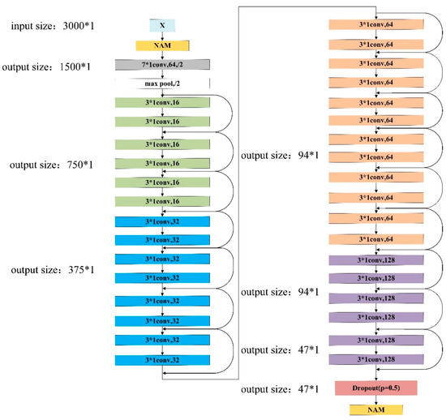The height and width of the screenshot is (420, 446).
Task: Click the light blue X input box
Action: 162,26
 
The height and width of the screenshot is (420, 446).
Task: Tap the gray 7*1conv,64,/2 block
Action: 162,65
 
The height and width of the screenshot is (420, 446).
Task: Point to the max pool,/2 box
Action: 162,84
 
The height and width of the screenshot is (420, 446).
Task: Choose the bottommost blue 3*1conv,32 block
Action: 162,359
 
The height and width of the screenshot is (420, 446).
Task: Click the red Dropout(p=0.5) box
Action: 374,388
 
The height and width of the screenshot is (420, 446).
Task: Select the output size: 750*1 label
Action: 50,165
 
